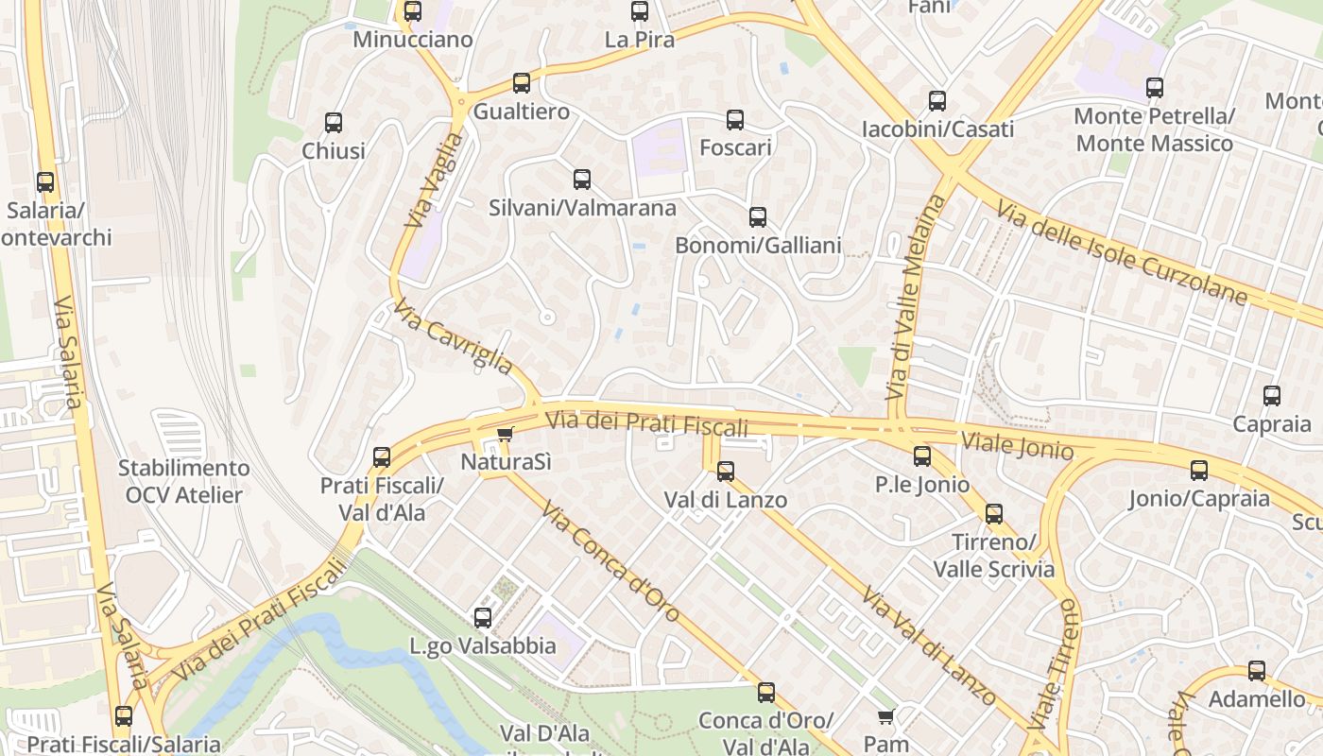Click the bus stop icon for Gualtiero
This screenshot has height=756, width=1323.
tap(522, 83)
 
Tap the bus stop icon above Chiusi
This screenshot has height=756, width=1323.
tap(334, 123)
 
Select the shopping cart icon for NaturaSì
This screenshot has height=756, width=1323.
tap(506, 435)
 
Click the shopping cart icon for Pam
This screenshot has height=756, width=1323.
tap(885, 717)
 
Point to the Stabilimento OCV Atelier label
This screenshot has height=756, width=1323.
tap(184, 481)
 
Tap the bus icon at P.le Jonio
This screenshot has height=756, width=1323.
tap(922, 457)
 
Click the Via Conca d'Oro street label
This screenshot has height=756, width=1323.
tap(610, 561)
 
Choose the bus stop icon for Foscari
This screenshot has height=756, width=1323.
tap(735, 120)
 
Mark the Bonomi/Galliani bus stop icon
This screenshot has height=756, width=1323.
tap(758, 218)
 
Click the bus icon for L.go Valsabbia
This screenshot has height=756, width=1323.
tap(483, 619)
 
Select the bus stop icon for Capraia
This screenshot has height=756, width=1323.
tap(1272, 397)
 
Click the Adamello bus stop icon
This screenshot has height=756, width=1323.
tap(1257, 672)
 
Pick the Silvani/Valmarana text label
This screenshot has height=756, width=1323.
tap(582, 208)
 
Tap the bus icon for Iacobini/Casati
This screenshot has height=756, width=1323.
tap(937, 101)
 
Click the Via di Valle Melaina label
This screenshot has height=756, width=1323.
tap(904, 296)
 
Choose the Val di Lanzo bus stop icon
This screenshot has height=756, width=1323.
tap(726, 472)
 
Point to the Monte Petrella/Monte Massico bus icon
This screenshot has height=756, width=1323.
tap(1155, 89)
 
